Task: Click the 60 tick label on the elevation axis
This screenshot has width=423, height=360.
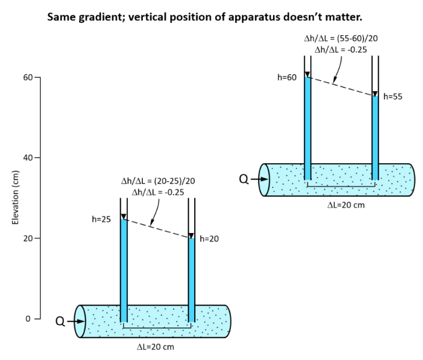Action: coord(28,77)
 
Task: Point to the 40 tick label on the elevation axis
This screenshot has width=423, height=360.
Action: coord(28,157)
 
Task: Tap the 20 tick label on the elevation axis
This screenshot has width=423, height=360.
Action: coord(28,238)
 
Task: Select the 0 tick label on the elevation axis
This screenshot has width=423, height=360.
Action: coord(28,319)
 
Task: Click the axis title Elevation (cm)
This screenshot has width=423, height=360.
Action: coord(15,197)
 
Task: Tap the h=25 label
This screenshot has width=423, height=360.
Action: coord(101,219)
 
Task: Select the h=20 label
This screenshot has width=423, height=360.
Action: coord(209,239)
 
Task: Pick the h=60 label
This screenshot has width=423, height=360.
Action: coord(287,77)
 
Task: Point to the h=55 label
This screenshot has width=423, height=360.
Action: coord(393,97)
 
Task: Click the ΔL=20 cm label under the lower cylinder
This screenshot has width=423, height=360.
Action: coord(155,347)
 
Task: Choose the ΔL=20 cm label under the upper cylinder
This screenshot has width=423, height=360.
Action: coord(346,205)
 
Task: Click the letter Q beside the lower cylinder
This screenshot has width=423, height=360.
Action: coord(60,322)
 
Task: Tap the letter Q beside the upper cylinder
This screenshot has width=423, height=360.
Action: coord(244,179)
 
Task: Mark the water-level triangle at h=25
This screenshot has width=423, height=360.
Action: coord(123,217)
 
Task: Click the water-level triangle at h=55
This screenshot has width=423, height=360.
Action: coord(375,94)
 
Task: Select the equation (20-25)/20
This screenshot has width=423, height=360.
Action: coord(174,181)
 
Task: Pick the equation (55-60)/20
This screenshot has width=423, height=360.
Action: coord(357,38)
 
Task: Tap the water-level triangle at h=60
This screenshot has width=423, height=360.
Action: coord(307,75)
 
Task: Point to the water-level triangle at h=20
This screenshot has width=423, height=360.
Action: coord(191,236)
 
